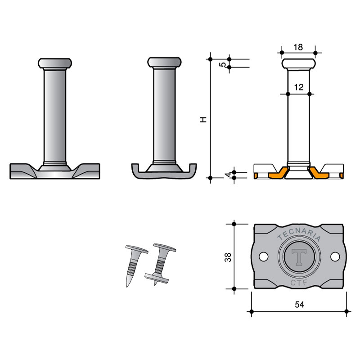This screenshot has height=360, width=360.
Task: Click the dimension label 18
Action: coord(298,47)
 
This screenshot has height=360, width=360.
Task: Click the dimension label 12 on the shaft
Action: coord(299,87)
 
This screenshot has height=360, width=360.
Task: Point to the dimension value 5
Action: coord(222,64)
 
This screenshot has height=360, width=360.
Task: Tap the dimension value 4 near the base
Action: coord(228,175)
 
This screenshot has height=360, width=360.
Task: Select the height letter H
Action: coord(203,119)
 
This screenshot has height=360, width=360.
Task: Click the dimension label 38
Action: coord(228,257)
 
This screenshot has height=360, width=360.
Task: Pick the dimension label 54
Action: coord(299,305)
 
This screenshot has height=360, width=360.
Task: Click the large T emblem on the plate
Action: coord(299,257)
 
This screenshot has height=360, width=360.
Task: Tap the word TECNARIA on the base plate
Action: coord(299,234)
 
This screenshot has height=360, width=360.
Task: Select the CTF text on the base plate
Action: coord(299,283)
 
